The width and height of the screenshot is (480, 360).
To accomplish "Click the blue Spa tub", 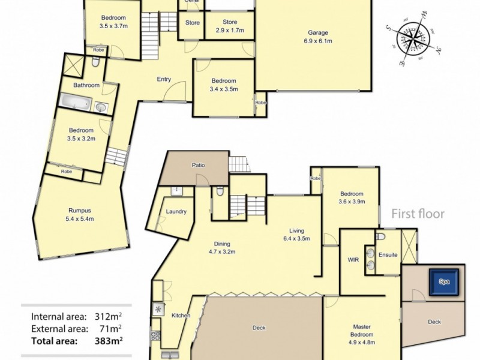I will (x=445, y=281).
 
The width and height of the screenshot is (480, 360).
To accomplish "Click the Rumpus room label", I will (x=80, y=214).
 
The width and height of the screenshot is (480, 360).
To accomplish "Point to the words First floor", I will (x=418, y=214).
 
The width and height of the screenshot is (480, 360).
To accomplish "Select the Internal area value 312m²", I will (x=109, y=316).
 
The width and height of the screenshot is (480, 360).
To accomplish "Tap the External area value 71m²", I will (x=112, y=328).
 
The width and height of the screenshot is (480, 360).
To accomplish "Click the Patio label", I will (x=199, y=164).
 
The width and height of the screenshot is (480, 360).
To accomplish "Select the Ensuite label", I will (x=388, y=254).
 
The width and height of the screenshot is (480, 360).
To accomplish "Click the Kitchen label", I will (x=181, y=316).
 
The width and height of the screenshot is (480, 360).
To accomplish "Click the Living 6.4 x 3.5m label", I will (x=296, y=234).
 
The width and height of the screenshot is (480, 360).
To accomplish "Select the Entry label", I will (x=164, y=79).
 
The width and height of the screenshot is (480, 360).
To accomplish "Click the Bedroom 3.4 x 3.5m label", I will (x=223, y=85).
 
